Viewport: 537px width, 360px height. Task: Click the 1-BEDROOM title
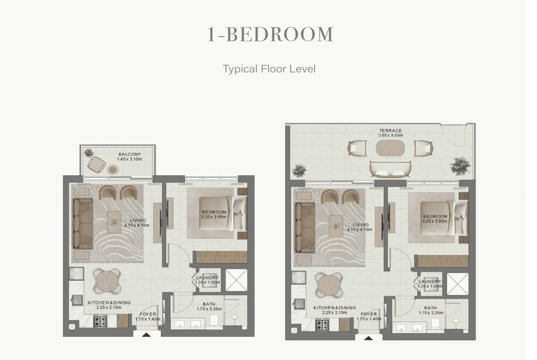[270, 35]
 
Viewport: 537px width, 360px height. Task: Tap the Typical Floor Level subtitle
[269, 69]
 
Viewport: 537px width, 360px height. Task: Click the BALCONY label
[130, 154]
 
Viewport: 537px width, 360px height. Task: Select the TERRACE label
[390, 131]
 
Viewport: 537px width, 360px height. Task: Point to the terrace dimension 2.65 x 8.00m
[390, 135]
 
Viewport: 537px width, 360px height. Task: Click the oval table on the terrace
[390, 149]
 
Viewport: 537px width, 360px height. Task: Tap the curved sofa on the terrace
[391, 169]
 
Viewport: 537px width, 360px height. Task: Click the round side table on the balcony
[113, 170]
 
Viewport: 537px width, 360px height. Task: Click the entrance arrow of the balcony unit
[146, 335]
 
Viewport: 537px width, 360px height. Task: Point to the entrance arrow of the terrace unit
[369, 338]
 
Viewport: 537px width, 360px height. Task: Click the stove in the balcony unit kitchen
[100, 321]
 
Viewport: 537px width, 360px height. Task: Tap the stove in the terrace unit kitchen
[323, 325]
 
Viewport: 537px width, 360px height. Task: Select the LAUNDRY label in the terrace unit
[430, 281]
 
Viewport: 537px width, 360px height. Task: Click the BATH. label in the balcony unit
[209, 304]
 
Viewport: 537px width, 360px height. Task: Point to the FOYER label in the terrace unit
[369, 314]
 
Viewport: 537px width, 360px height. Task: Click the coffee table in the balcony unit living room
[114, 222]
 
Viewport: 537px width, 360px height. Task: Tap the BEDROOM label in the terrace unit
[435, 216]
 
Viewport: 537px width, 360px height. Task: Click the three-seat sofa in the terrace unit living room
[305, 228]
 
